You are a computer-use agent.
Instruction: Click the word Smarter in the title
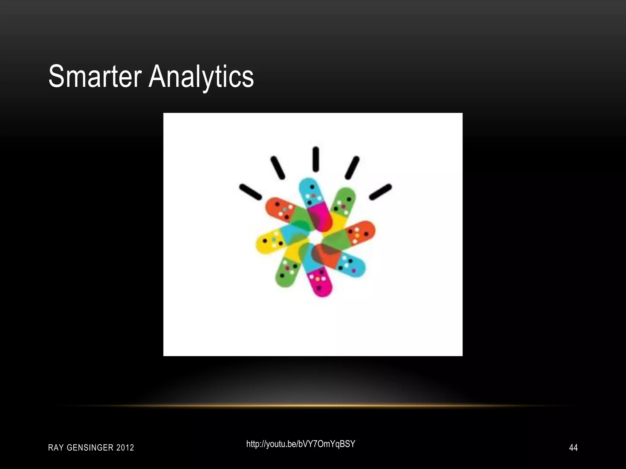point(95,76)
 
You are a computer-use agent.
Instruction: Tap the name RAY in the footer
point(56,448)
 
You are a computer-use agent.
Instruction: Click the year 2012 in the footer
point(125,448)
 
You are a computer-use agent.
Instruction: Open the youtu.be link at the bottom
point(301,444)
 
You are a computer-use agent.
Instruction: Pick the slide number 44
point(573,448)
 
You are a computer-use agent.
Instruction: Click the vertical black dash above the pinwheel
point(316,159)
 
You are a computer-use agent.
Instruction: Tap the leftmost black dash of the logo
point(250,192)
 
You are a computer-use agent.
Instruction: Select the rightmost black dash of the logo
point(381,192)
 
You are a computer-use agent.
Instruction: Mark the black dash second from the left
point(278,168)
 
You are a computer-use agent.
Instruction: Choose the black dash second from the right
point(352,168)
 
